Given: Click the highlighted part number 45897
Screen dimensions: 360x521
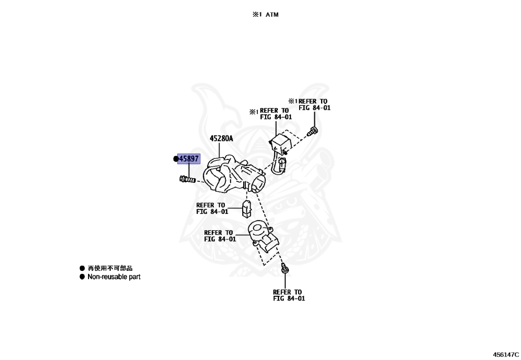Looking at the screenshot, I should (x=188, y=159).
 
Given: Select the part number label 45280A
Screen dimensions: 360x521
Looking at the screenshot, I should (x=221, y=139).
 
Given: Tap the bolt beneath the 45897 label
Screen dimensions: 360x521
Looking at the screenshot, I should (x=187, y=179).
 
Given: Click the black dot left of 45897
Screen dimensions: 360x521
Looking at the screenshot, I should (x=176, y=159).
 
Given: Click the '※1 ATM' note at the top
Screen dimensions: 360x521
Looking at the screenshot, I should (x=265, y=15).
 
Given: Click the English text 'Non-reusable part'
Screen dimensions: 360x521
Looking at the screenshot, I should (x=114, y=277).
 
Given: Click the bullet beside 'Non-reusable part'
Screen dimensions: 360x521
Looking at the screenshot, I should (x=82, y=277).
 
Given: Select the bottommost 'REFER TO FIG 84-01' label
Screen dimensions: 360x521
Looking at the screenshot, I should (x=288, y=295).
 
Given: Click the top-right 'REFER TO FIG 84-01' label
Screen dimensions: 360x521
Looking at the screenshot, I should (x=314, y=104).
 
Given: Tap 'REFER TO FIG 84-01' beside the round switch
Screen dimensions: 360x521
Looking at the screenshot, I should (x=220, y=236).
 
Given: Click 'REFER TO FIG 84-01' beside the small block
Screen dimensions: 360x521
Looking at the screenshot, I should (x=212, y=208).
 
